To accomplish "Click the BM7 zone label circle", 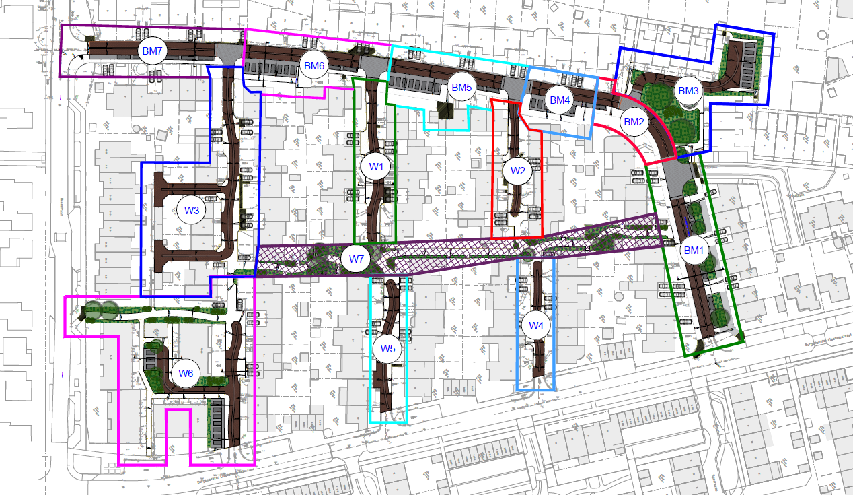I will pyautogui.click(x=152, y=51).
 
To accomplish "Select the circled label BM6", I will pyautogui.click(x=314, y=65).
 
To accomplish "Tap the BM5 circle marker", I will pyautogui.click(x=462, y=87).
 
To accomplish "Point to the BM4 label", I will pyautogui.click(x=560, y=100).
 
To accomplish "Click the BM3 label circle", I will pyautogui.click(x=688, y=90).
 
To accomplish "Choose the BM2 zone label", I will pyautogui.click(x=634, y=122).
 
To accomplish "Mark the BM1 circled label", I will pyautogui.click(x=693, y=251).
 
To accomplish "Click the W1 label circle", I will pyautogui.click(x=375, y=165).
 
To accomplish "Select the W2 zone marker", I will pyautogui.click(x=517, y=170).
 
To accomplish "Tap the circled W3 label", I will pyautogui.click(x=192, y=210).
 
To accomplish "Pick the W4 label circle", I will pyautogui.click(x=535, y=326).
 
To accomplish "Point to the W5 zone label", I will pyautogui.click(x=388, y=348).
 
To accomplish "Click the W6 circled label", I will pyautogui.click(x=186, y=373).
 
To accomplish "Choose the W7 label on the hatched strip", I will pyautogui.click(x=356, y=258).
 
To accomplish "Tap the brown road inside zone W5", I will pyautogui.click(x=386, y=384).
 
